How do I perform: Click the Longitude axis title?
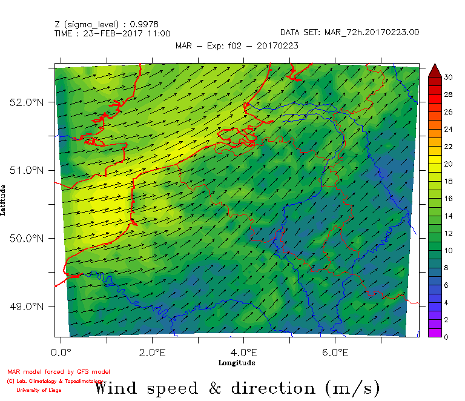click(x=237, y=362)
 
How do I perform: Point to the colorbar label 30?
click(x=448, y=77)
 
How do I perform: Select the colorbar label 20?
click(x=448, y=164)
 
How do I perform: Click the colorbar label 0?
click(x=446, y=336)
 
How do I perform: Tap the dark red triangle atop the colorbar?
click(x=435, y=71)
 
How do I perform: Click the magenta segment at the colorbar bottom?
click(x=435, y=332)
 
